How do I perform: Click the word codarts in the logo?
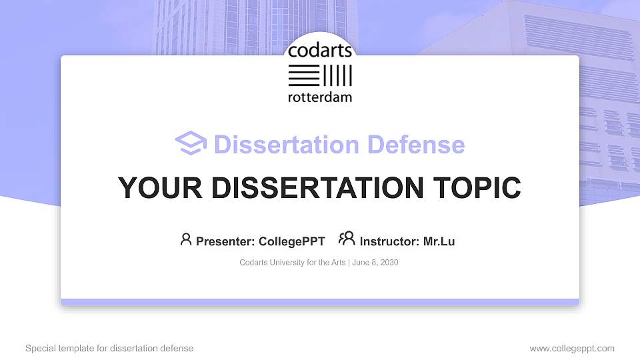[320, 51]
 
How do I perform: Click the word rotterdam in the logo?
[320, 97]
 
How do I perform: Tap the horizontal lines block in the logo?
[303, 75]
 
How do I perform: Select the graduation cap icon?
[191, 143]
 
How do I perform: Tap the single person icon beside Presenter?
[186, 239]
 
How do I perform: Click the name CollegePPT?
[291, 241]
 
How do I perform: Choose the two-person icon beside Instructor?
[347, 239]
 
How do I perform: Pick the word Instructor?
[389, 241]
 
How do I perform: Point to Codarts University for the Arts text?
[292, 263]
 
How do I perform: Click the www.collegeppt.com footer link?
[572, 348]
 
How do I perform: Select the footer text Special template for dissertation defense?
[109, 348]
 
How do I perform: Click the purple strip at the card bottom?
[320, 302]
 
